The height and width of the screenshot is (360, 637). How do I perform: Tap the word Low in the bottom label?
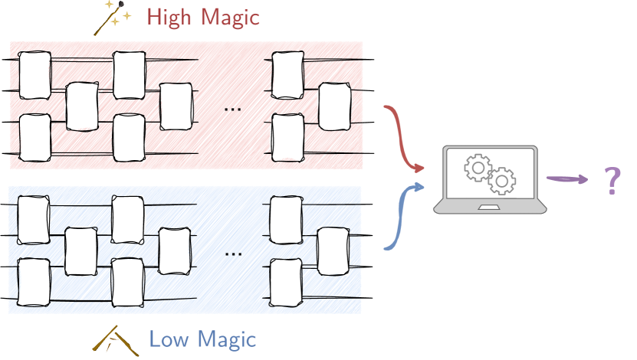point(167,339)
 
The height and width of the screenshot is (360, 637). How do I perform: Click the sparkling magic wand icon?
point(112,18)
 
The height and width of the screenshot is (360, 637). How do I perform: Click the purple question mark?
point(611,181)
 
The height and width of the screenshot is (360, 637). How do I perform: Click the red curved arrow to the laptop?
point(402,138)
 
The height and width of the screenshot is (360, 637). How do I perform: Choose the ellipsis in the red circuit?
point(232,109)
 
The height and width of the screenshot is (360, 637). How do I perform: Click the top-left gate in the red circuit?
point(34,76)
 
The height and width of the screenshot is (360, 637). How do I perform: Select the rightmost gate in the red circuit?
point(334,106)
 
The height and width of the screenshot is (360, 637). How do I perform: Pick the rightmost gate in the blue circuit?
point(333,251)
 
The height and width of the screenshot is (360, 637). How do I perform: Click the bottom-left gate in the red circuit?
point(34,137)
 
